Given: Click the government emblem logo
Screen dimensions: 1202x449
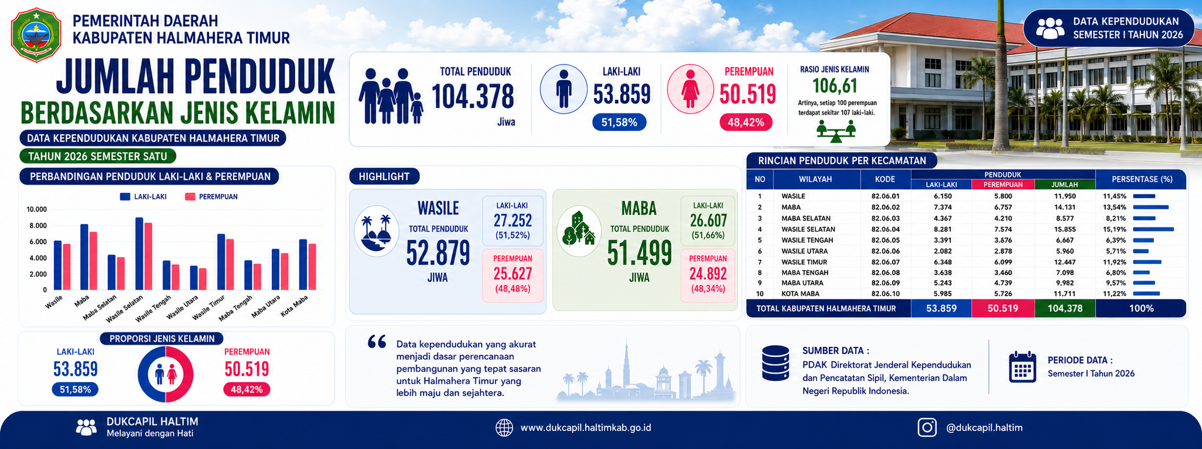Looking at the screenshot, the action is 35,35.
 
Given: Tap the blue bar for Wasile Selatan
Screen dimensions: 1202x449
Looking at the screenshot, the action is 139,254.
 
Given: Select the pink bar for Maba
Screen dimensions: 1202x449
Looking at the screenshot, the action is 93,261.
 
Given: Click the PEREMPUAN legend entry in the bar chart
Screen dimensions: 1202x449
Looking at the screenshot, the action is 211,197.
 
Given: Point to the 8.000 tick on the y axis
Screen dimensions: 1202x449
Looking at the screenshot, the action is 37,226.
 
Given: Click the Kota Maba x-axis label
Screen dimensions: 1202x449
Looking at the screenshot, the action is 295,306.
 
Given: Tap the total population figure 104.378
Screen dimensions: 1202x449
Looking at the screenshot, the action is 473,96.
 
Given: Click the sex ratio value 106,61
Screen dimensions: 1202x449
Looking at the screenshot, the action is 835,86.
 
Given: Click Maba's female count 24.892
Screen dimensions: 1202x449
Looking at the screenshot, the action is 708,274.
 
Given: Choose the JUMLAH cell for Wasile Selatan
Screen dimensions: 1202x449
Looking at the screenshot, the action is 1064,229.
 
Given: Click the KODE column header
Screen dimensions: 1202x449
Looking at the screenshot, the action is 885,179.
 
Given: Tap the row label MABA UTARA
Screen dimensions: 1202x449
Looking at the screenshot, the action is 801,283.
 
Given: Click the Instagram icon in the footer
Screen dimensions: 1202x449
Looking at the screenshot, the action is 927,427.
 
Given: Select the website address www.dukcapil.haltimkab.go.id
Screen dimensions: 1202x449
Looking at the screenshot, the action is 586,428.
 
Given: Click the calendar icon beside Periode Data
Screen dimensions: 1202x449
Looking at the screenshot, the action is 1023,368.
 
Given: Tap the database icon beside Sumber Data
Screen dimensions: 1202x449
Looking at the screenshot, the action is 776,363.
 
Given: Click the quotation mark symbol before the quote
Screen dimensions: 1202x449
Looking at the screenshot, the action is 377,342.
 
